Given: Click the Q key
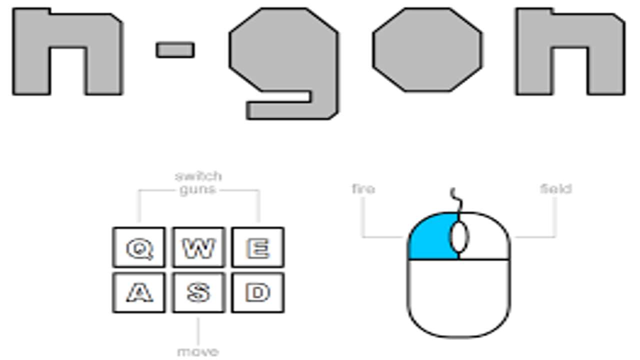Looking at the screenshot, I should [x=138, y=247].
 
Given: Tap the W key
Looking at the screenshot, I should [x=198, y=247].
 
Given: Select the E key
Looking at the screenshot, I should [x=258, y=247].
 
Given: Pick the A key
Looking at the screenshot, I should [x=138, y=292].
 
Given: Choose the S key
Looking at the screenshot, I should [x=198, y=292].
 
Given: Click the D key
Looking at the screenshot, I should [x=258, y=292].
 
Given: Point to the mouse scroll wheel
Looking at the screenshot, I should [x=459, y=237].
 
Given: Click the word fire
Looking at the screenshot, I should [x=363, y=189].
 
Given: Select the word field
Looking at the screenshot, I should [x=555, y=189].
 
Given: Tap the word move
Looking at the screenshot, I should [x=198, y=351].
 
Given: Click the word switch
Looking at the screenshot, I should [x=198, y=176].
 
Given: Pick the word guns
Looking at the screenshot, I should [x=198, y=190].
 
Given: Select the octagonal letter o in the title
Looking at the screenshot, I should [x=427, y=50].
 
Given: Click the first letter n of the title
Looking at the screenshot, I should [x=67, y=30].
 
